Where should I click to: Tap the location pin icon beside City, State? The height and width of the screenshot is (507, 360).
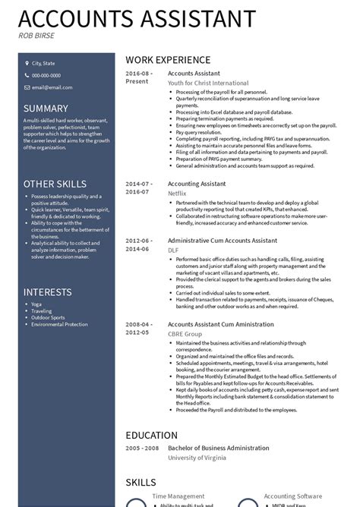tap(26, 64)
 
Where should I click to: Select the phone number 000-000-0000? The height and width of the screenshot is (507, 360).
tap(46, 75)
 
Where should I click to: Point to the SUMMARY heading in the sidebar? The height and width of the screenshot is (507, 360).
tap(46, 109)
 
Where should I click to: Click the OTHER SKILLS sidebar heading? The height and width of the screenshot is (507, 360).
tap(55, 184)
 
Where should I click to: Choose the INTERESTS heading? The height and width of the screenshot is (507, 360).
tap(47, 292)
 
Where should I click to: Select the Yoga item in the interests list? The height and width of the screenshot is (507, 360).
tap(37, 304)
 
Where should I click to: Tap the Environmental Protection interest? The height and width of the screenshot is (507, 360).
tap(59, 324)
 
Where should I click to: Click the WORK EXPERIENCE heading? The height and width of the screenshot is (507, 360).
tap(168, 60)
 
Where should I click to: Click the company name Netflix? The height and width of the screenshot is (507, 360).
tap(177, 194)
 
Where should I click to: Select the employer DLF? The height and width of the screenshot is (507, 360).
tap(173, 249)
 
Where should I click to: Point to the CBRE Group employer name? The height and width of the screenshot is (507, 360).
tap(185, 333)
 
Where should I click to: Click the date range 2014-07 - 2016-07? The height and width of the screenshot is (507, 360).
tap(139, 188)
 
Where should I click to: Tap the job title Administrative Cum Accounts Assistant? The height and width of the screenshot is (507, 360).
tap(222, 240)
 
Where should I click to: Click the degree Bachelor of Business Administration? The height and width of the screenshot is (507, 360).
tap(218, 448)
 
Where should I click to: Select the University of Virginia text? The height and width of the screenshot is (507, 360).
tap(197, 458)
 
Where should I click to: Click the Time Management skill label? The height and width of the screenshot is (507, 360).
tap(178, 496)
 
